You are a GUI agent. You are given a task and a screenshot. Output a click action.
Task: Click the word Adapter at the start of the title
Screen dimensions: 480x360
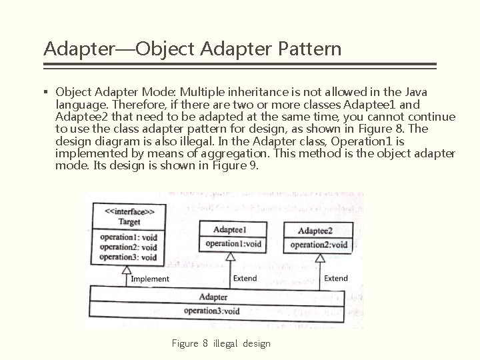[x=69, y=49]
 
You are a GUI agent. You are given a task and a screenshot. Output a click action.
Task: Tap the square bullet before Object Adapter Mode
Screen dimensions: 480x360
[x=47, y=92]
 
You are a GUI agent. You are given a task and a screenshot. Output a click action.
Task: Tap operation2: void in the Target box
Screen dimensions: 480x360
[x=128, y=247]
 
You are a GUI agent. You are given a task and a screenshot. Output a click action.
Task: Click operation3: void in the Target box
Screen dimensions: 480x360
[x=128, y=257]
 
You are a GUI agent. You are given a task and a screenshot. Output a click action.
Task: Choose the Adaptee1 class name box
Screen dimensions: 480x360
[x=230, y=229]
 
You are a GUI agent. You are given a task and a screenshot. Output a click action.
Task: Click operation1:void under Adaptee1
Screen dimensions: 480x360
[x=233, y=243]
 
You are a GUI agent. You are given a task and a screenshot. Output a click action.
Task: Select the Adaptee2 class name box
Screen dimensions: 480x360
[x=315, y=231]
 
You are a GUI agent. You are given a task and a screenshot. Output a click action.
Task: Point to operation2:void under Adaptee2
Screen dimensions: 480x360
[x=319, y=245]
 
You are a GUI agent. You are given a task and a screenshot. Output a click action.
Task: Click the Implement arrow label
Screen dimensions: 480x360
[x=150, y=279]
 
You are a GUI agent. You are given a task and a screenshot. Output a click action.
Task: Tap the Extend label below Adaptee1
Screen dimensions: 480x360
[x=245, y=278]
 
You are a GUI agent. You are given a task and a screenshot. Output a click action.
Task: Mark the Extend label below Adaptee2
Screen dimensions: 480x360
[x=335, y=278]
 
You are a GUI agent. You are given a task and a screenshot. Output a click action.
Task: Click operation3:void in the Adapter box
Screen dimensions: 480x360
[x=212, y=311]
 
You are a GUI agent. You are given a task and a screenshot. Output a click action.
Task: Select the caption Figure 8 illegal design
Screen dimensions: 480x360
[x=221, y=343]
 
